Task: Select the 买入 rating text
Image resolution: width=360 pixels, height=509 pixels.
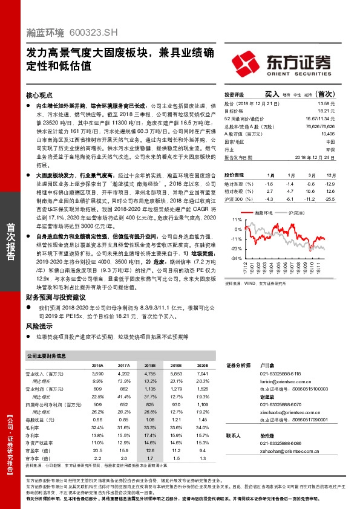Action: pos(272,94)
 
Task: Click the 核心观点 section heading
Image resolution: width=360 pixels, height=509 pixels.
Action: pos(39,96)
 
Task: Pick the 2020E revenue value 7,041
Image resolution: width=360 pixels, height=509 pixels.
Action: pos(203,375)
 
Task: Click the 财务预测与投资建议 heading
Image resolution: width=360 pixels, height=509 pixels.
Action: pos(56,297)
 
